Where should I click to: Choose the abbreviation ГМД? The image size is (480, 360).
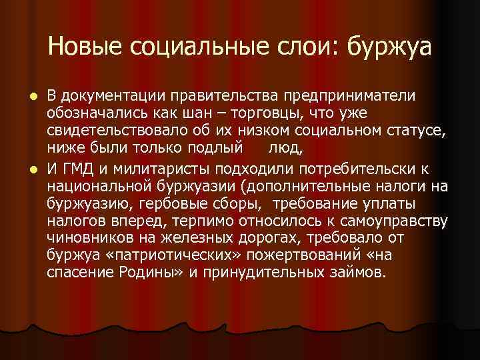point(79,167)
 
